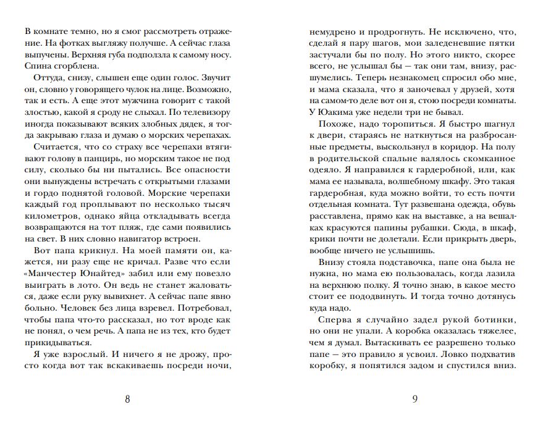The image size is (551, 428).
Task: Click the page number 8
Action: coord(128,398)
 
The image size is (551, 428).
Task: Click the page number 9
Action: coord(414,398)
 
